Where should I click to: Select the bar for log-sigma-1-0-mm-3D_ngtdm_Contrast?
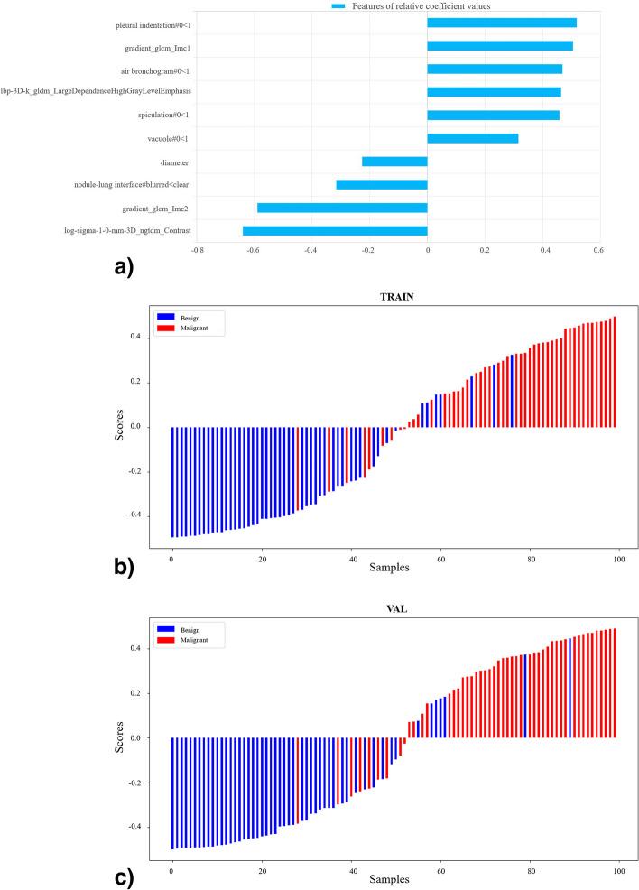coord(335,231)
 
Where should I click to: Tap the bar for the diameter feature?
coord(394,162)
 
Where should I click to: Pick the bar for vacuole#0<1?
coord(472,138)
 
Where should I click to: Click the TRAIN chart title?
coord(394,294)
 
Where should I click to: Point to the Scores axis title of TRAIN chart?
coord(121,426)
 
